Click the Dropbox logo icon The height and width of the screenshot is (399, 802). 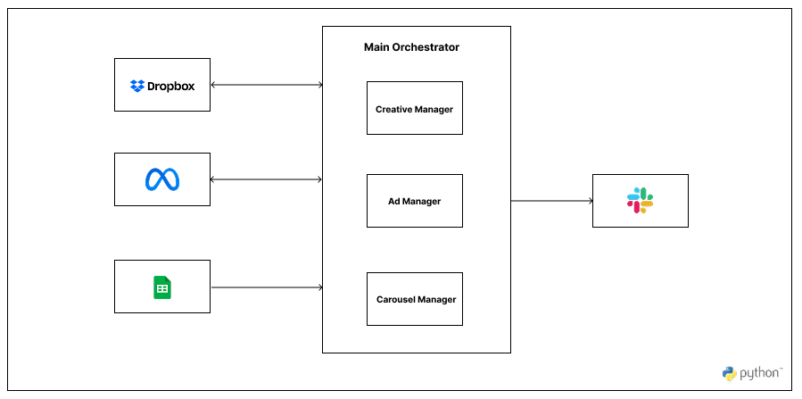(x=137, y=86)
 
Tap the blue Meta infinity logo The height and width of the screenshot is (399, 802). (x=162, y=180)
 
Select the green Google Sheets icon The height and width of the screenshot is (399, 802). (x=162, y=287)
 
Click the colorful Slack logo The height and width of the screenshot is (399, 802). (x=640, y=201)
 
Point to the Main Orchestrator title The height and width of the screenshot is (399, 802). (x=411, y=47)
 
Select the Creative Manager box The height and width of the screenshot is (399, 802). (x=415, y=108)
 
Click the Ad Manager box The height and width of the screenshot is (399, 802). (x=415, y=201)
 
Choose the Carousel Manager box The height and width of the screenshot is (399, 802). (x=415, y=299)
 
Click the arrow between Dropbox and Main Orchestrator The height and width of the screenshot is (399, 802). (x=267, y=86)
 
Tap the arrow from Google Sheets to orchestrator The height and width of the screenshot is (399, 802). (x=267, y=287)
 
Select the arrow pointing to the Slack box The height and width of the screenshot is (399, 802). (x=552, y=201)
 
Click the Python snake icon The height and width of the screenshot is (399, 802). (x=729, y=373)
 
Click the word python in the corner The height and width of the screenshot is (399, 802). (x=759, y=373)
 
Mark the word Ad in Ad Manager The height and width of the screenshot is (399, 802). (x=393, y=202)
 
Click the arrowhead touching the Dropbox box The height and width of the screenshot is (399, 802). (x=214, y=86)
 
